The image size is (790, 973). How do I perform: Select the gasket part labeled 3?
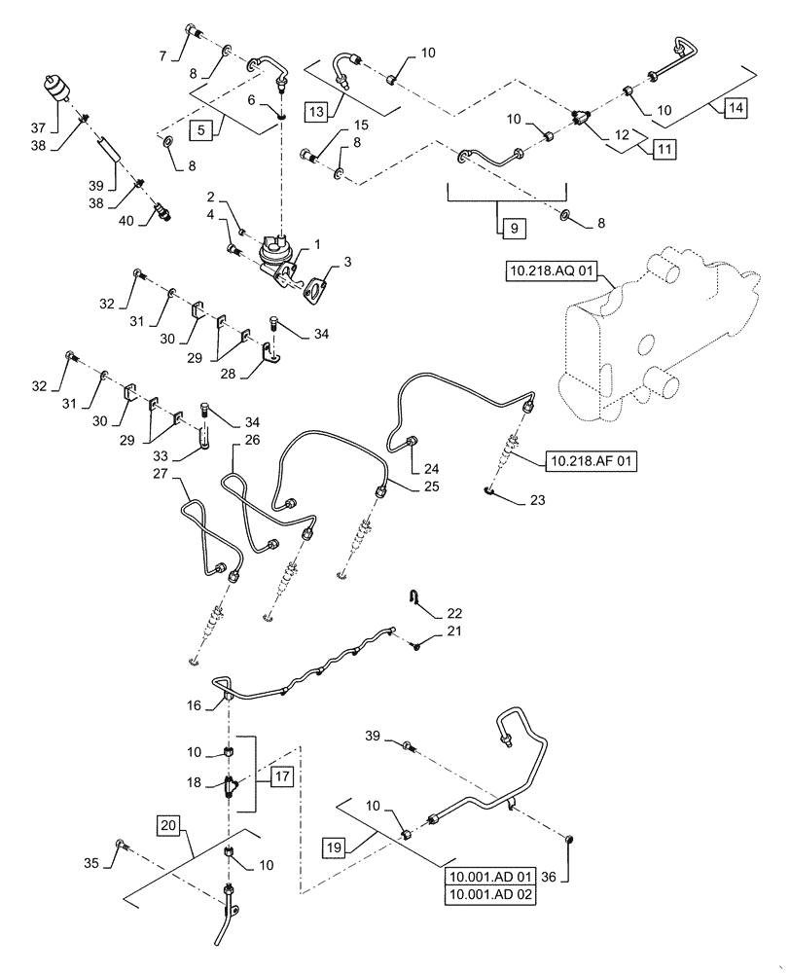coord(314,290)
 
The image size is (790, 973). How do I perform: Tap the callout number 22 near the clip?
coord(428,614)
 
